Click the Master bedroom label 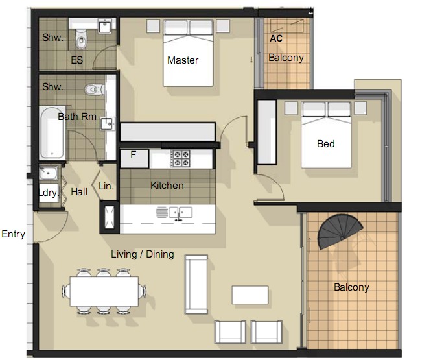(x=183, y=60)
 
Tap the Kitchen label (x=167, y=186)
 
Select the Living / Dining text (x=143, y=254)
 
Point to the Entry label (x=13, y=234)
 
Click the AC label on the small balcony (x=276, y=38)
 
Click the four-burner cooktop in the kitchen (x=180, y=159)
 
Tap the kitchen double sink (x=180, y=212)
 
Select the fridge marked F (x=134, y=158)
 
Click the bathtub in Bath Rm (x=52, y=133)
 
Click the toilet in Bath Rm (x=94, y=90)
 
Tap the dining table (x=104, y=291)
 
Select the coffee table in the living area (x=250, y=295)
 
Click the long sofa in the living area (x=196, y=284)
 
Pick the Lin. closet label (x=106, y=186)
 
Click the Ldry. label (x=49, y=193)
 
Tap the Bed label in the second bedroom (x=326, y=144)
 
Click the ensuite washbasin (x=105, y=27)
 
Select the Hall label (x=79, y=192)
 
